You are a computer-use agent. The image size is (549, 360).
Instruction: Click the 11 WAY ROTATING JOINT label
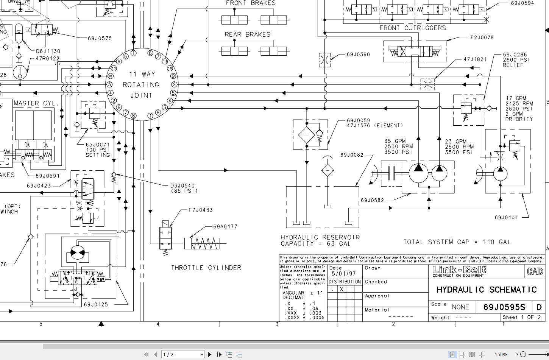click(141, 85)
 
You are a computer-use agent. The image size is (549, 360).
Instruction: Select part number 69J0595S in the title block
click(504, 307)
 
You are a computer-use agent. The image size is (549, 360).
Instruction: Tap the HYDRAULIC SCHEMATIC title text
click(487, 290)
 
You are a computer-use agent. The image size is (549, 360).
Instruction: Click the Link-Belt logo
click(459, 271)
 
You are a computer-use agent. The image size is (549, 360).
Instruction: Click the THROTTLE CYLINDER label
click(206, 268)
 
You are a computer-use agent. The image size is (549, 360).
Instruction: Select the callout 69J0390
click(358, 55)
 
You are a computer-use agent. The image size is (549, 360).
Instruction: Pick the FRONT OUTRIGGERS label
click(412, 28)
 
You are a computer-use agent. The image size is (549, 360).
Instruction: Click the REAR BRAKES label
click(247, 34)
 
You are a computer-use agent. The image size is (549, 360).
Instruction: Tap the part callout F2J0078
click(482, 37)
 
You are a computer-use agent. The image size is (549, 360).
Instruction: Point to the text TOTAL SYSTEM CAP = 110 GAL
click(457, 242)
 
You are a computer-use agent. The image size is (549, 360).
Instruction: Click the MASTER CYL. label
click(37, 103)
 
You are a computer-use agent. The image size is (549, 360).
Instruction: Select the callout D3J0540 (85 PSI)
click(184, 188)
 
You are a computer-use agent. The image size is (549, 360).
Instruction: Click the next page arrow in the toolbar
click(209, 354)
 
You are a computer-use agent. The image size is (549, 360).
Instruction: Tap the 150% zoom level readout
click(501, 354)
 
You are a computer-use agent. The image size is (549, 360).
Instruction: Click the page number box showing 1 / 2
click(183, 354)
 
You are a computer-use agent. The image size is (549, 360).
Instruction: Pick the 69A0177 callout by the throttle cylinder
click(225, 227)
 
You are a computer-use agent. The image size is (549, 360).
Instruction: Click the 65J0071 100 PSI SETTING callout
click(97, 150)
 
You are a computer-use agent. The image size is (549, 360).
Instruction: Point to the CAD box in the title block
click(535, 271)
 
